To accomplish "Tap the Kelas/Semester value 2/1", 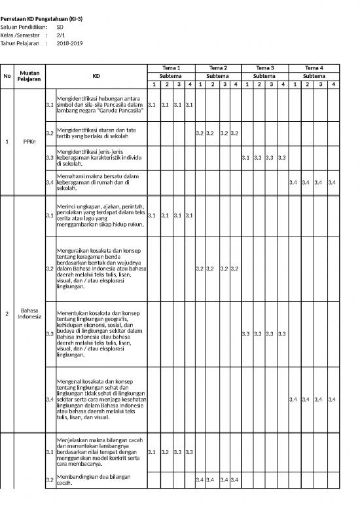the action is point(61,35).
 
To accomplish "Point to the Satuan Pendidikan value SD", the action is point(60,28).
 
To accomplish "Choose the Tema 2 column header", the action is point(217,68).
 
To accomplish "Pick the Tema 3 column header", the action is point(265,68).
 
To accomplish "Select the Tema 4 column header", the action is point(314,68).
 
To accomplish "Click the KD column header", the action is point(96,76).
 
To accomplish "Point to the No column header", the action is point(7,76).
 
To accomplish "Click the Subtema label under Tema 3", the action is point(265,76).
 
